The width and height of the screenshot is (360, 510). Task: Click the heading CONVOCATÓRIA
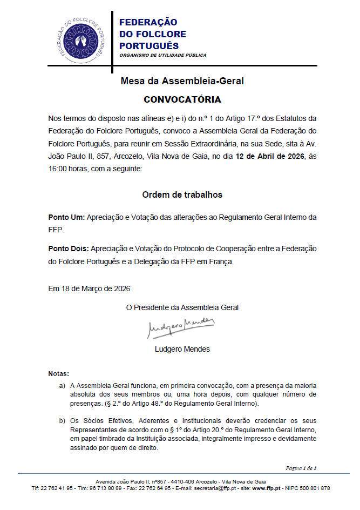coord(182,100)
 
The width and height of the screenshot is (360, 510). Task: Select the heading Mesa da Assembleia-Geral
coord(182,82)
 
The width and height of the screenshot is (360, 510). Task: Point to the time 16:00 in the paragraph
coord(59,169)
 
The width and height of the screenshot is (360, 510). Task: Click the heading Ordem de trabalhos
coord(182,194)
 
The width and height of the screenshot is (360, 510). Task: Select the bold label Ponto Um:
coord(66,217)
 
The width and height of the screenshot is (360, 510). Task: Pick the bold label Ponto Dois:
coord(69,249)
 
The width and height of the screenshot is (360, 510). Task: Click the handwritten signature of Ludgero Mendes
coord(181,326)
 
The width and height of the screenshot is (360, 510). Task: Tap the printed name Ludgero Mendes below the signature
coord(182,348)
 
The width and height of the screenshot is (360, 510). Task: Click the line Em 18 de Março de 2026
coord(89,288)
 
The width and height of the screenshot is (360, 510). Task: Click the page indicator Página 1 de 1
coord(301,468)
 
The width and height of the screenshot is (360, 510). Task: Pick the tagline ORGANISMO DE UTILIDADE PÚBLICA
coord(162,55)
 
